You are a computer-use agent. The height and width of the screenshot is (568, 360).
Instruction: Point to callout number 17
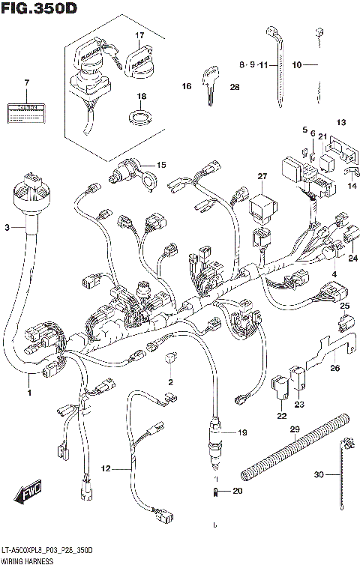(x=139, y=35)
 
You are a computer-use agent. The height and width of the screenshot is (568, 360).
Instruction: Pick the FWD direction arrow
(x=26, y=495)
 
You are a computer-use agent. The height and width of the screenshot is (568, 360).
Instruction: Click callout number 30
(x=319, y=475)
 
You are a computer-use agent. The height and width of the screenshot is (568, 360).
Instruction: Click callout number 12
(x=106, y=468)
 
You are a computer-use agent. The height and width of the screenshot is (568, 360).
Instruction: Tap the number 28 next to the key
(x=234, y=88)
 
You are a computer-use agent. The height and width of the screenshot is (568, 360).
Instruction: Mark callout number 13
(x=340, y=122)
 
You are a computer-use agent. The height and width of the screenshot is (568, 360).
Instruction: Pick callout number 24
(x=352, y=259)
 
